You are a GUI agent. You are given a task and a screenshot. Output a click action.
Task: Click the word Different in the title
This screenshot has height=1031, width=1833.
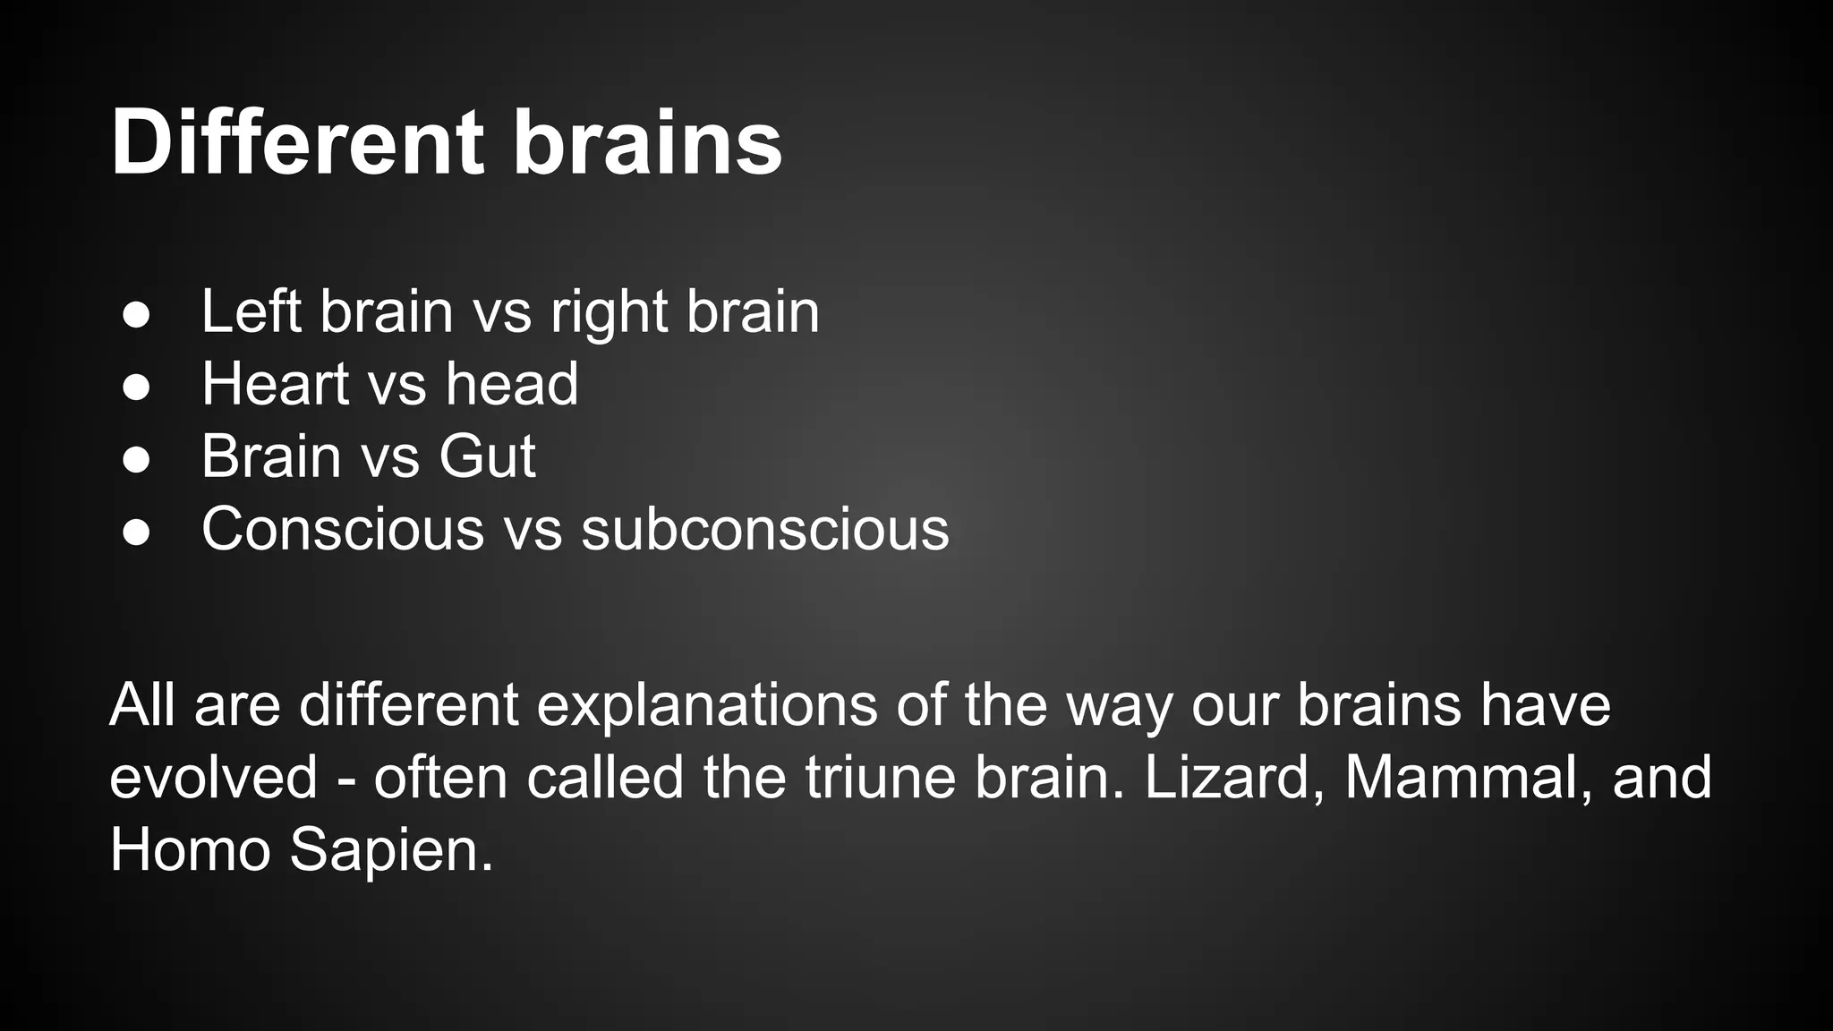297,143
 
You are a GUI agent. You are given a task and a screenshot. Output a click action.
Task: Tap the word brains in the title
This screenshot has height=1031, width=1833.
647,143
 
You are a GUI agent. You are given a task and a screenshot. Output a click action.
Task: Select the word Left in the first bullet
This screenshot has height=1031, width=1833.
252,311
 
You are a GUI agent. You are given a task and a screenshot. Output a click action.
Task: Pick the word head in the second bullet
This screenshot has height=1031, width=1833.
512,384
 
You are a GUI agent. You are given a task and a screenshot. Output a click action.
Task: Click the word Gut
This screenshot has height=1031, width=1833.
487,456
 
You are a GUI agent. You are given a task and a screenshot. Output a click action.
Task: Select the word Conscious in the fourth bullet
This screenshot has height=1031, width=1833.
343,529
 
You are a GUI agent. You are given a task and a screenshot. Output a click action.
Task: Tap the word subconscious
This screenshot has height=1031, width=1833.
765,529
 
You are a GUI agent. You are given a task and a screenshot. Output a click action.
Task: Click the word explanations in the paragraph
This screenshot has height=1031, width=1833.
707,705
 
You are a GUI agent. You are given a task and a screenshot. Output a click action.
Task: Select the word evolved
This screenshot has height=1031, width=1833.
214,777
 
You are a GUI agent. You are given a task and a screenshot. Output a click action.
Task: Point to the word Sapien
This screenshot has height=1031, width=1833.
391,850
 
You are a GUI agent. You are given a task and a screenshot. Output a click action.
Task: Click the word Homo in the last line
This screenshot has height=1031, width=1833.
190,849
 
